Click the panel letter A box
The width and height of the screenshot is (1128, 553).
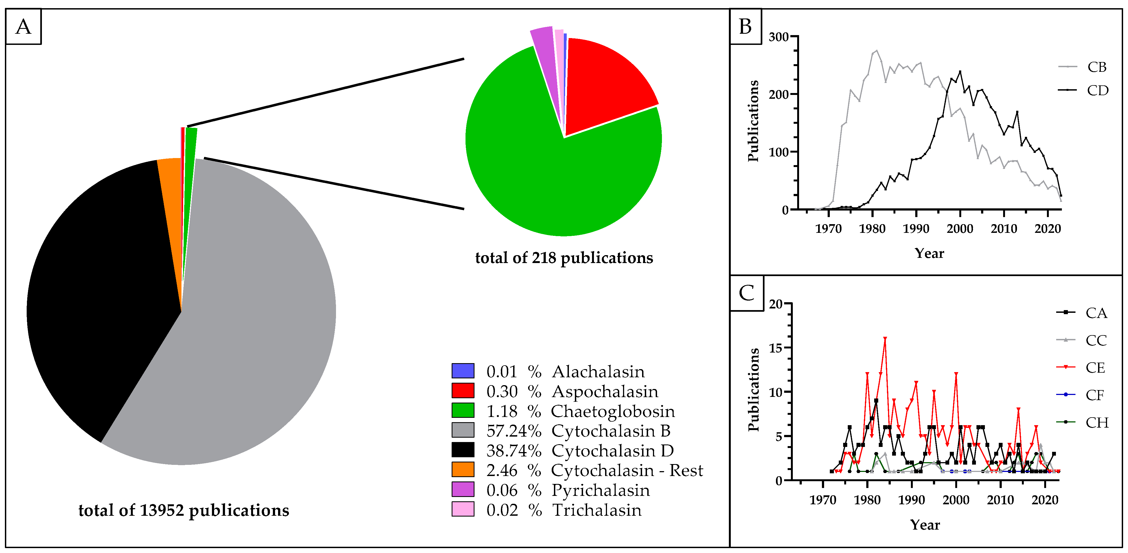tap(24, 27)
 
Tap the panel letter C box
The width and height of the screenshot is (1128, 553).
tap(747, 293)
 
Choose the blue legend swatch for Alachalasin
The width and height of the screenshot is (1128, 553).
tap(463, 371)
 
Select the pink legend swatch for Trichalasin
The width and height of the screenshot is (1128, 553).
tap(463, 509)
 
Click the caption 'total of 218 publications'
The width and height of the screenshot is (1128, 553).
tap(564, 258)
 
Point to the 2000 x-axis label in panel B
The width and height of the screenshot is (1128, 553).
tap(960, 228)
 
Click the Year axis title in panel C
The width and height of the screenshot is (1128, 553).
tap(925, 524)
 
